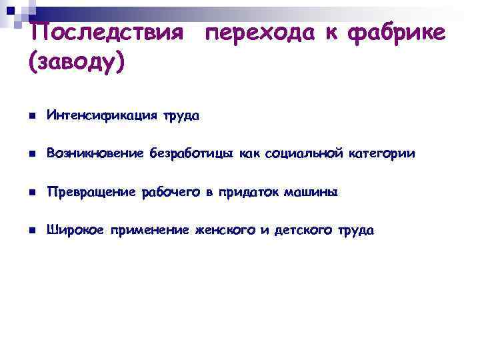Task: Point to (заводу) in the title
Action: click(77, 64)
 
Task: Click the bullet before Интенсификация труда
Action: click(31, 116)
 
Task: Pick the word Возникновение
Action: click(95, 154)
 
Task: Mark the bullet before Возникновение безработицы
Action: click(31, 155)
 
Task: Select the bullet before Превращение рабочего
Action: click(31, 193)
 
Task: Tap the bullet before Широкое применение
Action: click(31, 231)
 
